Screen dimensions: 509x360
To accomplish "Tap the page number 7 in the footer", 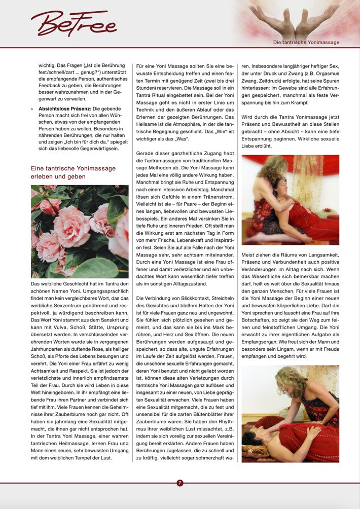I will pos(180,483).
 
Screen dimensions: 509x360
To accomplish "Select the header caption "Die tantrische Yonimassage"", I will pos(306,43).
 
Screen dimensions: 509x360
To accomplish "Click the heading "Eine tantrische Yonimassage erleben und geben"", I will pos(73,172).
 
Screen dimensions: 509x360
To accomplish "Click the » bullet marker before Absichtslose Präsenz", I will pos(32,108).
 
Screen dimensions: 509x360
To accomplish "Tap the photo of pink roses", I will pos(80,232).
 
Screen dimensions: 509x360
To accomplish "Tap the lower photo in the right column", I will pos(290,414).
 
